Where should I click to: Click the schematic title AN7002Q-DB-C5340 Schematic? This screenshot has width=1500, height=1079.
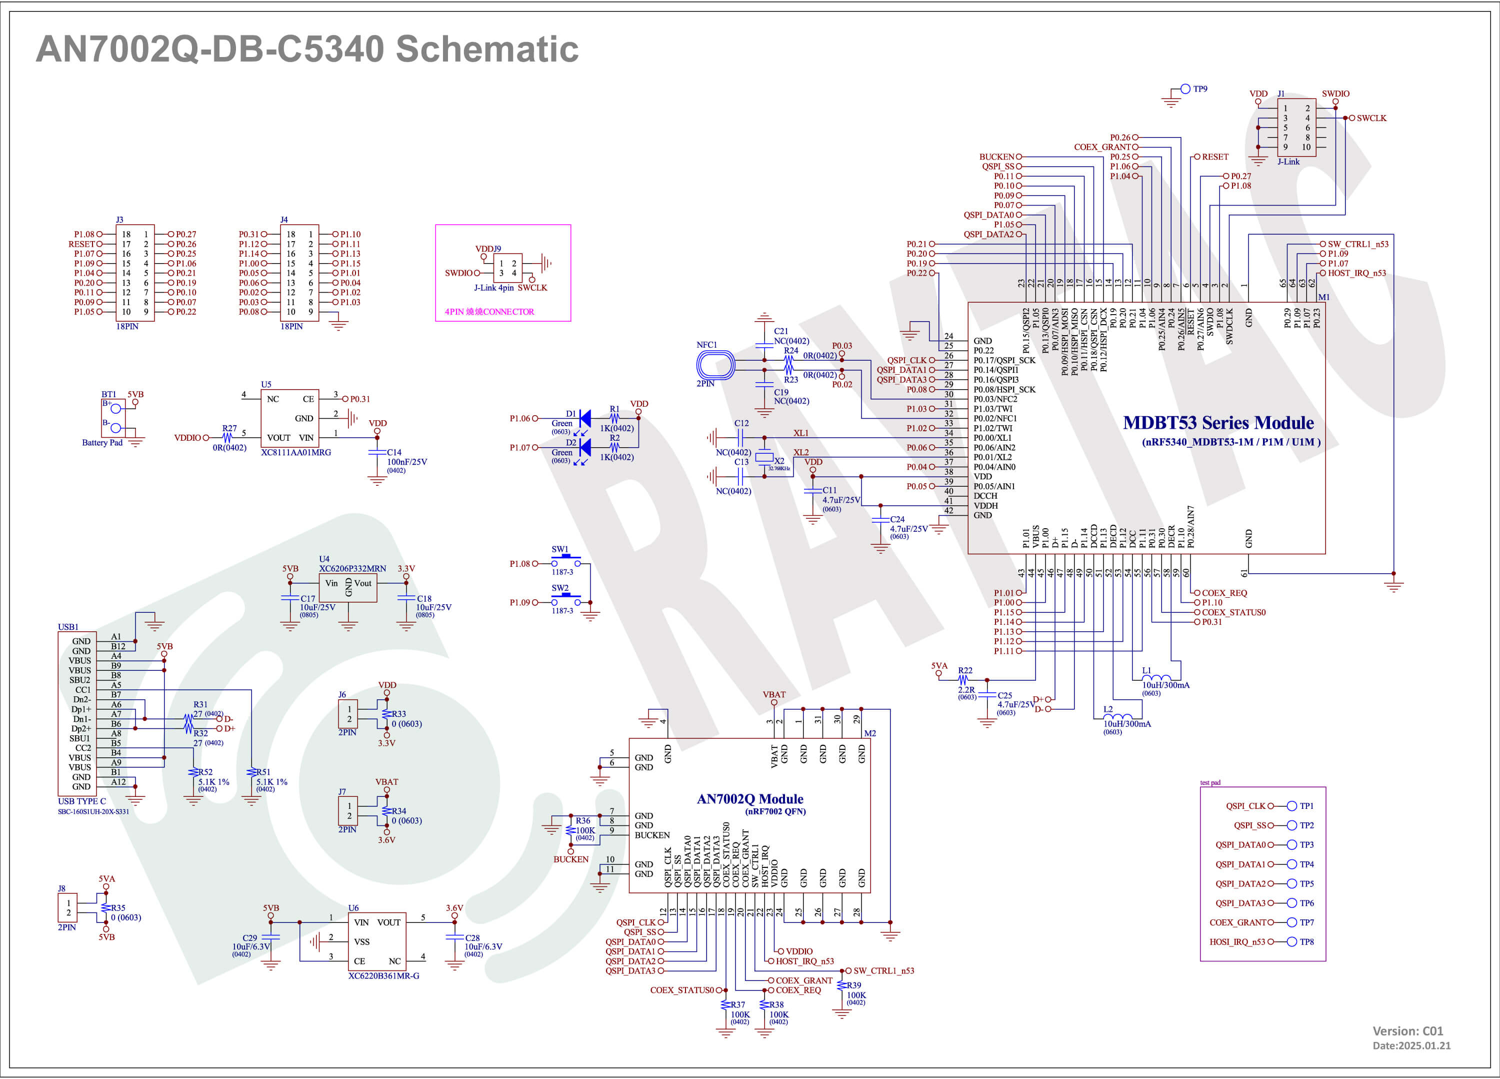[x=307, y=49]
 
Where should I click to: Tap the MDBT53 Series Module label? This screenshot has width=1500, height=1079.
[x=1218, y=423]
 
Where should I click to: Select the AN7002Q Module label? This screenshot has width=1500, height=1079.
[x=750, y=799]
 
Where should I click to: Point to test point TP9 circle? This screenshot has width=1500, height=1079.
[x=1185, y=89]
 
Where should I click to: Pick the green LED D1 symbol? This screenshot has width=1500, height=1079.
[x=584, y=419]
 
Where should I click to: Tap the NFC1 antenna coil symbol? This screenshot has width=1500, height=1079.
[x=715, y=365]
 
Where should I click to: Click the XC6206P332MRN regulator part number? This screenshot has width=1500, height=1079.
[x=352, y=569]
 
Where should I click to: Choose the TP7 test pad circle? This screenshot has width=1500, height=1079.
[x=1291, y=922]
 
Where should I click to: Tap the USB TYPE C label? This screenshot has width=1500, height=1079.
[x=82, y=801]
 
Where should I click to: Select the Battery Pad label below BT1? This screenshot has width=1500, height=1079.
[x=102, y=443]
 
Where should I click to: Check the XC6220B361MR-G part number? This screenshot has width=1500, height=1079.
[x=383, y=976]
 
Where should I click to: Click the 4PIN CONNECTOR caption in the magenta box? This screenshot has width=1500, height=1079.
[x=489, y=312]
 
